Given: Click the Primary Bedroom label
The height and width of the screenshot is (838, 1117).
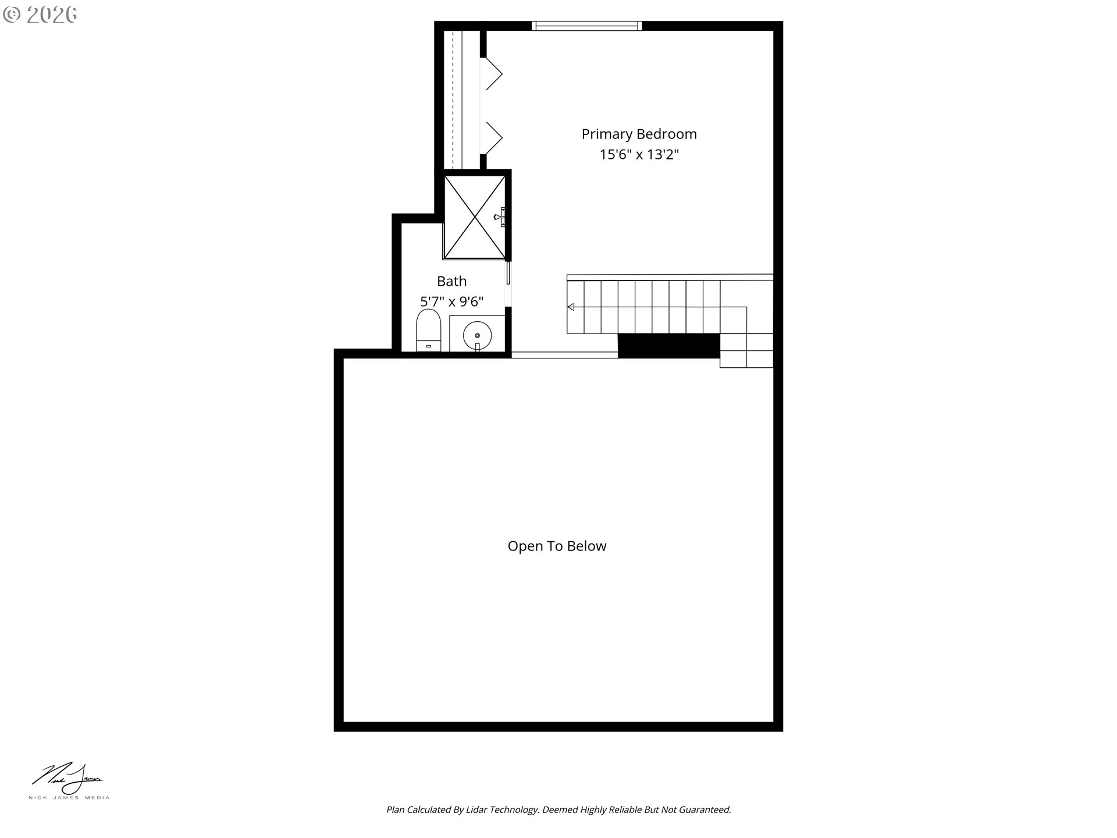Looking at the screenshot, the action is (639, 134).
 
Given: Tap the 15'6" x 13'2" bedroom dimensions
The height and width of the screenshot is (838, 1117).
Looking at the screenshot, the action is (639, 155).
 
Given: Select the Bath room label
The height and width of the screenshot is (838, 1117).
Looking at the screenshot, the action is (451, 282).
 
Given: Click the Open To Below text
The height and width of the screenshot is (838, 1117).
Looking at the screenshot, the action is (557, 546).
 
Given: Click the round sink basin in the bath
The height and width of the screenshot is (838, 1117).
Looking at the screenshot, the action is (477, 335).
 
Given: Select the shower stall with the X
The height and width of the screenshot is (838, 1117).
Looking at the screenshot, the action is (475, 217).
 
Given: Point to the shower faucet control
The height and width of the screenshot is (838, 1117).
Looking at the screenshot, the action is (500, 217).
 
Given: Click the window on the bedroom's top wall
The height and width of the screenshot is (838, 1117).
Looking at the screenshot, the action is (587, 26).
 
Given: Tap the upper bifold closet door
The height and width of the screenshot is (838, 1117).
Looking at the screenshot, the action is (492, 73).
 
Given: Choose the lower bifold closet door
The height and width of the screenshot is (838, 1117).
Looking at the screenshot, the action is (492, 138).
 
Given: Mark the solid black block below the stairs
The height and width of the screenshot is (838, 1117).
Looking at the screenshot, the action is (668, 346).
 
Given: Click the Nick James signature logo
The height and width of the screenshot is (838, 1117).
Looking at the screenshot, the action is (68, 779).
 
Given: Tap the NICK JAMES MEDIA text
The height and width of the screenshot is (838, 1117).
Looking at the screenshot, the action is (69, 798).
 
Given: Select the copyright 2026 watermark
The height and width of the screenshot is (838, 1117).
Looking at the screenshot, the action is (40, 15).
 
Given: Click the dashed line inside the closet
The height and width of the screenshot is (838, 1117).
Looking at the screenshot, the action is (453, 100).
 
